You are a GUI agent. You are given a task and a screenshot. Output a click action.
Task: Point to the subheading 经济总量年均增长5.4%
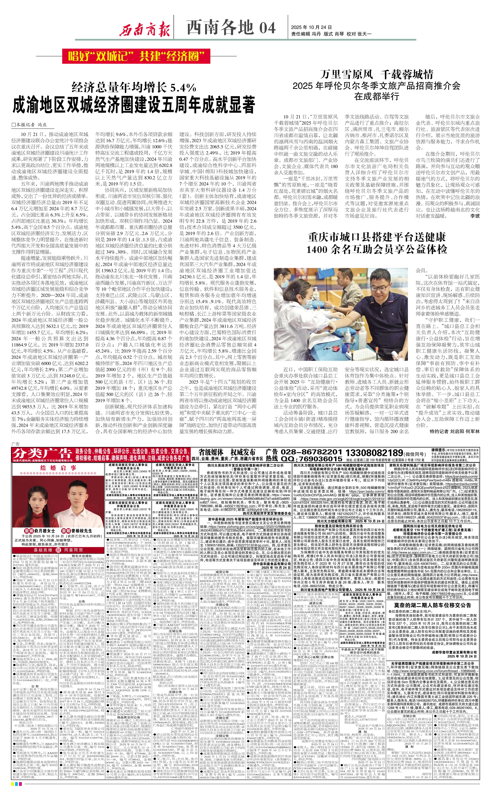134,87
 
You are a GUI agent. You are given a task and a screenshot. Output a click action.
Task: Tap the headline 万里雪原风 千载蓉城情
377,75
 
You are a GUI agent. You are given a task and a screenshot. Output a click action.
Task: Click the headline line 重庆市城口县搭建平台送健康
377,237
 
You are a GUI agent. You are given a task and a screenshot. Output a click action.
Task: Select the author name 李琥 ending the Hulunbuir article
475,216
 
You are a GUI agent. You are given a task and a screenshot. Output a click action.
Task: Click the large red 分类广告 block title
42,453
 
